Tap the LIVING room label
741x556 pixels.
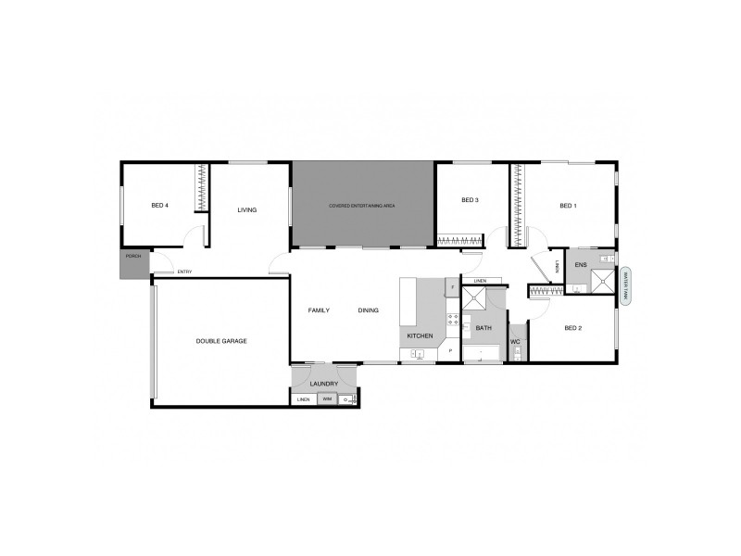point(246,209)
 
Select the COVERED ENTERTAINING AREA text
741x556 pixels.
point(362,205)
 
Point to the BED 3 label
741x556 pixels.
point(470,200)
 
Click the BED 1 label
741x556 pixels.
point(568,206)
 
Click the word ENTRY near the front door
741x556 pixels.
point(184,272)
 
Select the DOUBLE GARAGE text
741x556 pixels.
point(221,341)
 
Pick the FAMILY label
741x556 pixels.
point(319,310)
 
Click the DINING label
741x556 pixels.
point(368,310)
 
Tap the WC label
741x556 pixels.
point(516,342)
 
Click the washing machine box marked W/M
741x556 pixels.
point(326,399)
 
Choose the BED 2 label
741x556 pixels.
point(572,328)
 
